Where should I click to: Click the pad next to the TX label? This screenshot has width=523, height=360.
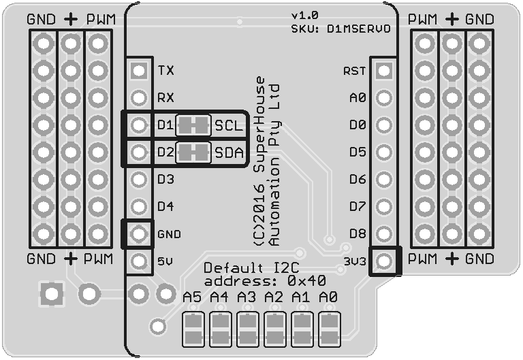coord(139,70)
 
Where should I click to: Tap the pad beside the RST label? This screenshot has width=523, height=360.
coord(384,70)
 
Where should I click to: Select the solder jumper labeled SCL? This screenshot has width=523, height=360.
coord(193,125)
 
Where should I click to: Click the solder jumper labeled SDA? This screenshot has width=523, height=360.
coord(193,152)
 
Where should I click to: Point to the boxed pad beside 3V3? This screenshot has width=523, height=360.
coord(384,261)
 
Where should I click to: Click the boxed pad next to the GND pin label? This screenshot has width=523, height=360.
coord(139,233)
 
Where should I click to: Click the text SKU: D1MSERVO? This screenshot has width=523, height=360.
coord(340,29)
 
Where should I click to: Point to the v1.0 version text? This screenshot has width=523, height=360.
coord(304,15)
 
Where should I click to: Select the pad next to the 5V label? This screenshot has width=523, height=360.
coord(139,261)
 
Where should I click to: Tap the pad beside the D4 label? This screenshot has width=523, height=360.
coord(139,206)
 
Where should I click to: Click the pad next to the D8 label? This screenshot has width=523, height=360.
coord(384,233)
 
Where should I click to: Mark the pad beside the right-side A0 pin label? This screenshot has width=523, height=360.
coord(384,97)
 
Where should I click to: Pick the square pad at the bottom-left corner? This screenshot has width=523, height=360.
coord(51,295)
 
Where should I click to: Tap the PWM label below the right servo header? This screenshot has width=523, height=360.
coord(422,259)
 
